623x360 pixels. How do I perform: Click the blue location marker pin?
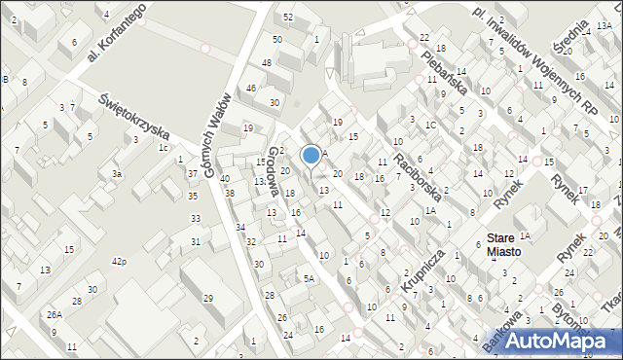[x=311, y=156]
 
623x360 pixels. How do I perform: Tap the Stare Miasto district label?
[x=504, y=244]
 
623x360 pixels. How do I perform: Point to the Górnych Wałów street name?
[x=218, y=135]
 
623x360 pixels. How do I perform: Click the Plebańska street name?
[x=447, y=70]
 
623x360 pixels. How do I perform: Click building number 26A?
[x=55, y=314]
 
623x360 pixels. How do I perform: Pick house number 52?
[x=288, y=18]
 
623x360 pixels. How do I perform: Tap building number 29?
[x=207, y=298]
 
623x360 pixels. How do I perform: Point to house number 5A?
[x=309, y=279]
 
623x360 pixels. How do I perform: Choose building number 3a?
[x=116, y=174]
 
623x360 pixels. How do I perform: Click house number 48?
[x=267, y=63]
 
